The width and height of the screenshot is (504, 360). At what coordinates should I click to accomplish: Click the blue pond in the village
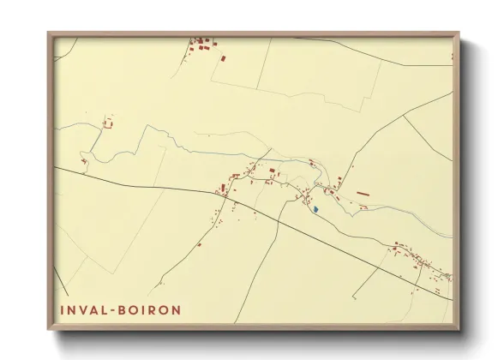point(315,208)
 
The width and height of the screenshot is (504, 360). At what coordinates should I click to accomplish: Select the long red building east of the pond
point(363,195)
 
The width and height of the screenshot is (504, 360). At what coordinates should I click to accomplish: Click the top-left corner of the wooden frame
point(48,33)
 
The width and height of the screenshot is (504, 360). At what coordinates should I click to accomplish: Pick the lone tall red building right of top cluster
point(224,58)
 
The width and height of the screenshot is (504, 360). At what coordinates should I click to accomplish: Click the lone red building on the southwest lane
point(199,244)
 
